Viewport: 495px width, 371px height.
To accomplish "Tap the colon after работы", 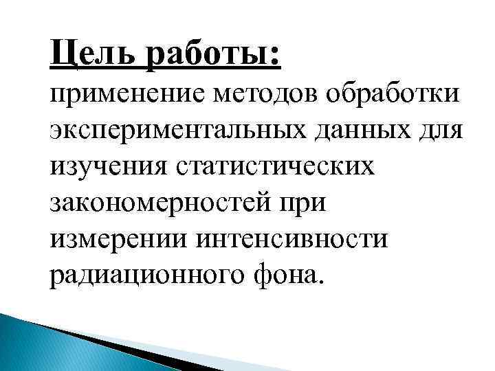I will [276, 55].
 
